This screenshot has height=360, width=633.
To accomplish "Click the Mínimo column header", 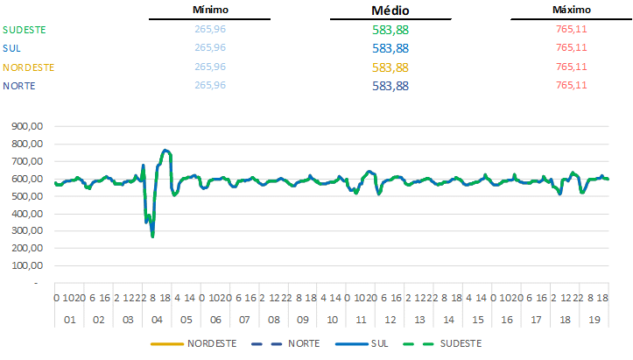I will tap(210, 10).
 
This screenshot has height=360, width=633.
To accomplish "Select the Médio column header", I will tap(390, 11).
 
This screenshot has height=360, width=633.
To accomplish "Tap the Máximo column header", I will tap(571, 10).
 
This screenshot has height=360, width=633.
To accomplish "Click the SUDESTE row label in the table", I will tap(25, 29).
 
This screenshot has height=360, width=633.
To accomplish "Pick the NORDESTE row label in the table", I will tap(29, 67).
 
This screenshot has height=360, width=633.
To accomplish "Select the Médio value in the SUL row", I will tap(390, 48).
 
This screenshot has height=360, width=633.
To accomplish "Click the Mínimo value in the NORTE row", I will tap(210, 85).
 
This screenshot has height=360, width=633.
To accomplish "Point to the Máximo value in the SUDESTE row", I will tap(571, 29).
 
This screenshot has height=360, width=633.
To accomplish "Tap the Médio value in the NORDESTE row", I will tap(390, 67).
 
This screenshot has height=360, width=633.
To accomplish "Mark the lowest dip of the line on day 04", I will tap(152, 236).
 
